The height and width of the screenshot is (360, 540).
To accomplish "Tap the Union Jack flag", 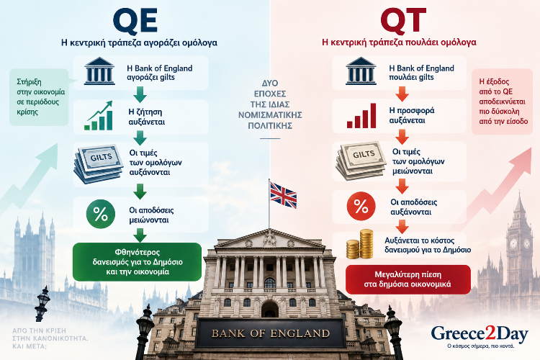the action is tap(283, 195).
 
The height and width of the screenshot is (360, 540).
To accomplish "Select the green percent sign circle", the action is tap(101, 214).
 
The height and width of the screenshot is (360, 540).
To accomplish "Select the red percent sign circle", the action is tap(361, 207).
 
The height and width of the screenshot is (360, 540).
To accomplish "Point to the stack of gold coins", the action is tap(360, 244).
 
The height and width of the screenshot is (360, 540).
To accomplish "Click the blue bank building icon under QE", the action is tap(99, 71).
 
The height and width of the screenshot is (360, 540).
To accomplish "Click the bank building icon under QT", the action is tap(361, 71).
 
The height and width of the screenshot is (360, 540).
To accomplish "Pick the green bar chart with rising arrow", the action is tap(99, 116).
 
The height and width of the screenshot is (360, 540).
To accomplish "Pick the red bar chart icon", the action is tap(361, 116).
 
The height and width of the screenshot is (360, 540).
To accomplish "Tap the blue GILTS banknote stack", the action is tap(99, 164).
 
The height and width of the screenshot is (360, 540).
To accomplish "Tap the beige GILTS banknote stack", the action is tap(361, 161).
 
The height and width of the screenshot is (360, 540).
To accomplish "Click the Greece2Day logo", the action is tap(480, 337).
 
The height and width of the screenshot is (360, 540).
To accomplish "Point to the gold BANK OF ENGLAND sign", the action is tap(271, 333).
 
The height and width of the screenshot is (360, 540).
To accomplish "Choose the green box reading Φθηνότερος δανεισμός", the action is tap(137, 262).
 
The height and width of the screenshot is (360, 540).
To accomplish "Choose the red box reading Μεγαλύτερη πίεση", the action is tap(408, 279).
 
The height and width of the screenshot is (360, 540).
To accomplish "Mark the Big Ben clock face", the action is tap(513, 243).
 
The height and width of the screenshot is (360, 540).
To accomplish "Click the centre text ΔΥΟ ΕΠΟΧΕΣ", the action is tap(270, 89).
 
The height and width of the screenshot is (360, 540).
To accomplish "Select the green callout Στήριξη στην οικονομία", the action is tap(39, 96).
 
